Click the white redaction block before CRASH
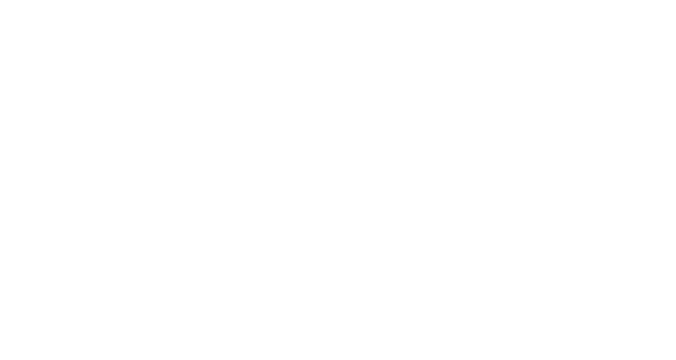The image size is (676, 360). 168,147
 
